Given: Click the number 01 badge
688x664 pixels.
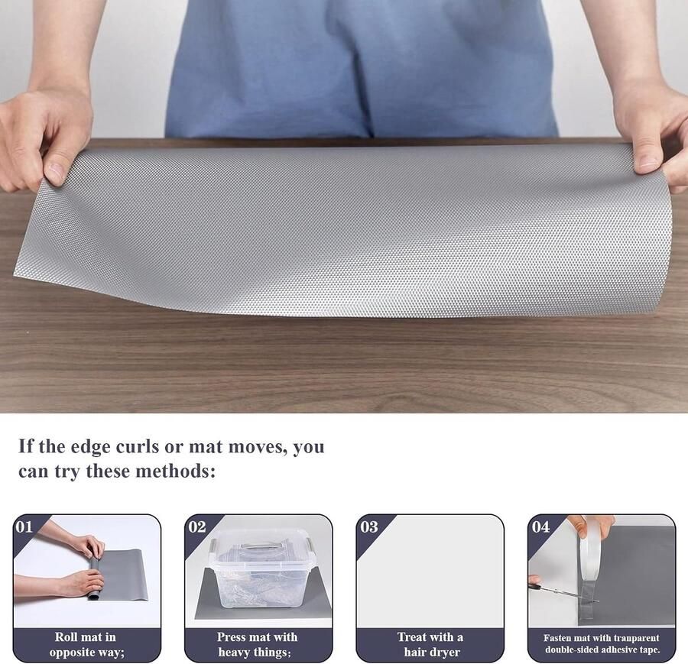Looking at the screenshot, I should click(24, 526).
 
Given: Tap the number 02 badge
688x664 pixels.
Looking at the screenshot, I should click(196, 526).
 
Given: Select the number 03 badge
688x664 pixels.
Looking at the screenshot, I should click(368, 526).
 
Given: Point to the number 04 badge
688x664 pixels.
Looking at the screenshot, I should click(540, 526).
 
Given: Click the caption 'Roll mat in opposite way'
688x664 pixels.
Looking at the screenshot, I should click(86, 644).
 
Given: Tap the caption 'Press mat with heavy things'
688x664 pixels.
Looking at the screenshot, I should click(258, 644).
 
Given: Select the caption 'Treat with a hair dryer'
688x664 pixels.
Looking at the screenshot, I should click(430, 644).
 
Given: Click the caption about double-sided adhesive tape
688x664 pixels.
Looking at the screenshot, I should click(602, 644).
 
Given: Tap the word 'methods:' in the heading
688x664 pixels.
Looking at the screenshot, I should click(175, 471).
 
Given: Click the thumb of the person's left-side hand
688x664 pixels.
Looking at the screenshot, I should click(56, 165).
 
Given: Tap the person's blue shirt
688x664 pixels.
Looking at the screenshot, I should click(359, 69).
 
